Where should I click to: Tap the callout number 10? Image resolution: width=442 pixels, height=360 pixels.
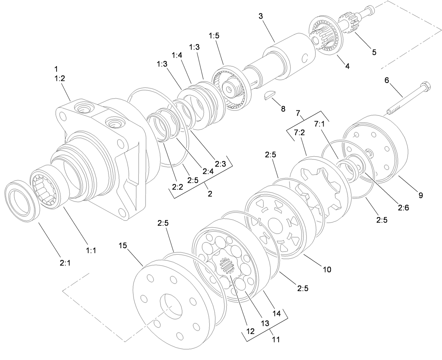click(327, 270)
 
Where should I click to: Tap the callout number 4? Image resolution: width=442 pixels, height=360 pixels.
click(347, 66)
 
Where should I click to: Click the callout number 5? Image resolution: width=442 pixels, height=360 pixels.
click(374, 52)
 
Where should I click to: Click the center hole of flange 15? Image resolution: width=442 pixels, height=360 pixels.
click(171, 307)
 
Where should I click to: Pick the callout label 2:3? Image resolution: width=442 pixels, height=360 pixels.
click(220, 164)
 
